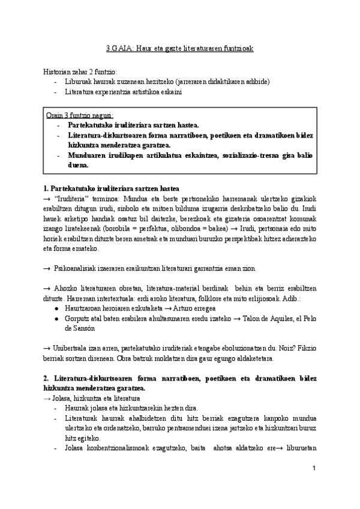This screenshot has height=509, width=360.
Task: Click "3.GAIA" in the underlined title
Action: tap(111, 48)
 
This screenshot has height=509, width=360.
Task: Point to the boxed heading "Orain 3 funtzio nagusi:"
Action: tap(80, 115)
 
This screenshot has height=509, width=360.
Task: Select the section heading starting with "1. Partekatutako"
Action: tap(111, 188)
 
